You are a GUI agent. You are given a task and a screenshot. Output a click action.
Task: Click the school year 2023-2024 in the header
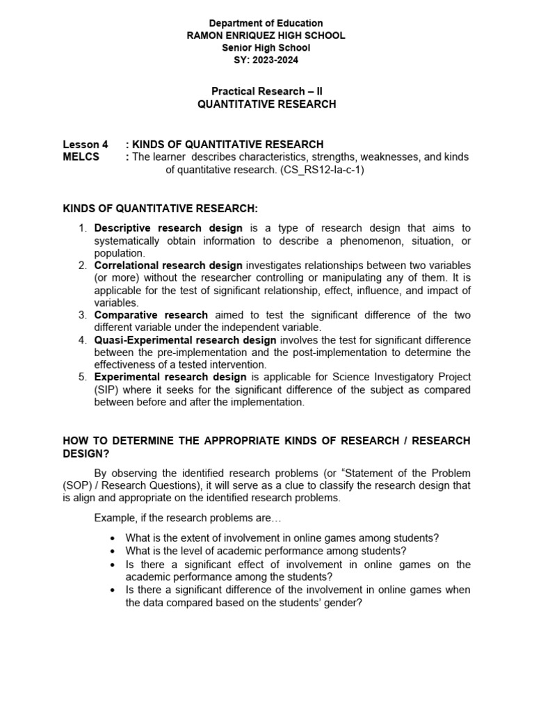pos(266,60)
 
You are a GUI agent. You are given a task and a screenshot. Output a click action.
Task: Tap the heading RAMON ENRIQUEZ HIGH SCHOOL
pos(266,35)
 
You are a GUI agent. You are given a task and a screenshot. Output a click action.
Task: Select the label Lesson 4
pos(86,145)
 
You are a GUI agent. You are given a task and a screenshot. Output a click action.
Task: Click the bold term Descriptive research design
pos(168,228)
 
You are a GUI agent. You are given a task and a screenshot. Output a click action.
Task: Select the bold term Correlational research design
pos(168,266)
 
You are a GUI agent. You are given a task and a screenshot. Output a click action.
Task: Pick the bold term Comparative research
pos(151,315)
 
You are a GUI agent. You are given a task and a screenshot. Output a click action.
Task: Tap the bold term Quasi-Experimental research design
pos(185,340)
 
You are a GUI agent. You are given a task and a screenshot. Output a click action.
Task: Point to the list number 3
pos(81,315)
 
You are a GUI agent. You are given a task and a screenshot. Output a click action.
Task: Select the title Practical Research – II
pos(266,92)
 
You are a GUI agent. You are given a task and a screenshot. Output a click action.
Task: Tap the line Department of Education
pos(266,24)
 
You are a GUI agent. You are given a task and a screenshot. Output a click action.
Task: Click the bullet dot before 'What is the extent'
pos(113,538)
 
